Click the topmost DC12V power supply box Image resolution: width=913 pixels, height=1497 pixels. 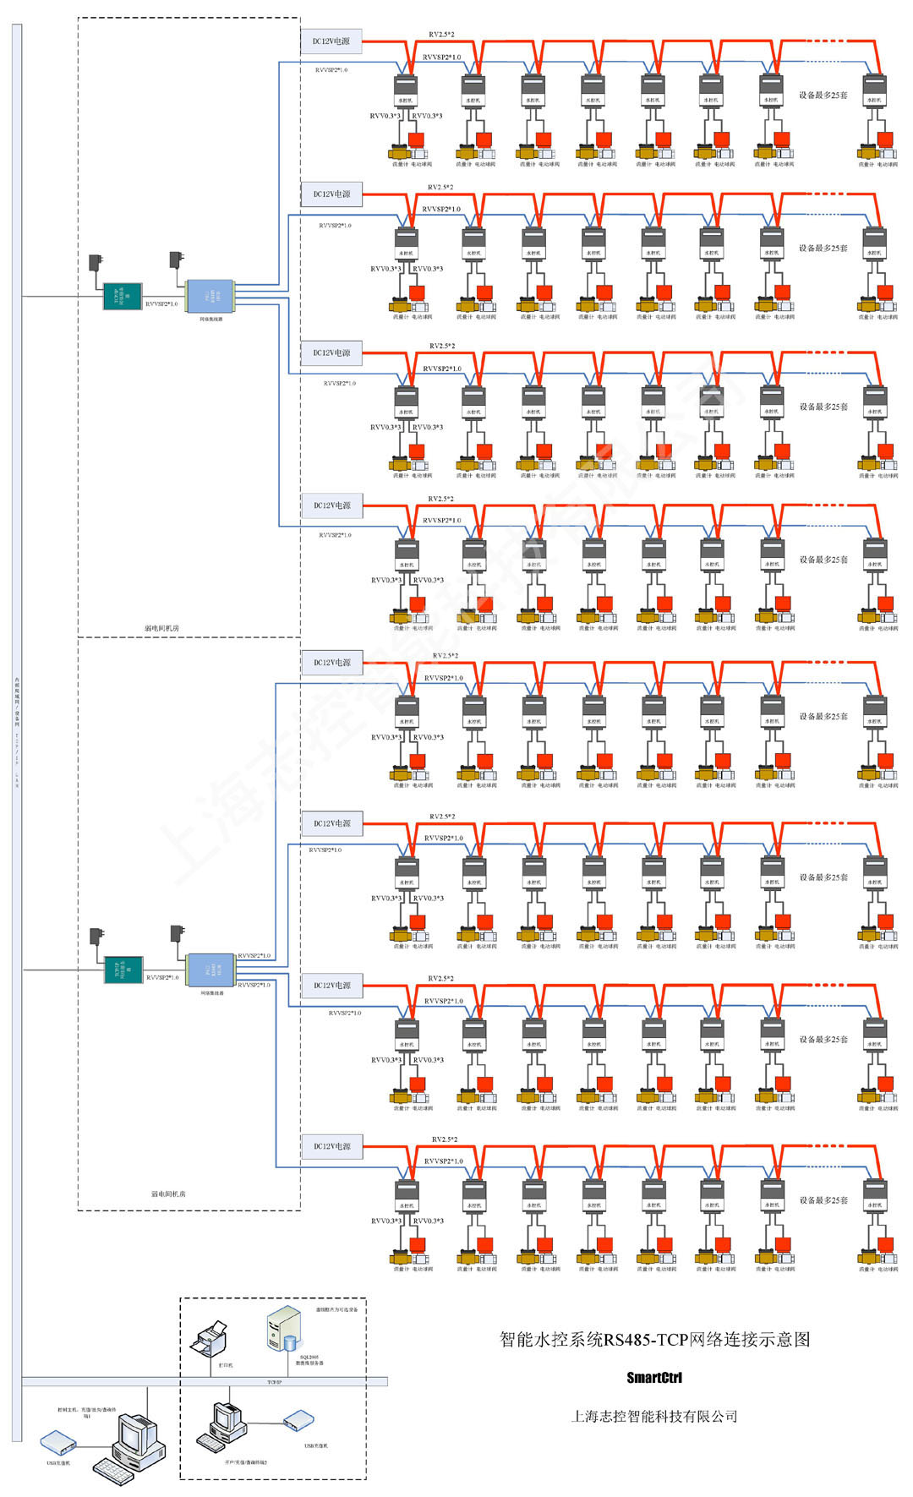point(331,41)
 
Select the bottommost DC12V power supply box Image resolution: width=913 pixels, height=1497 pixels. point(331,1146)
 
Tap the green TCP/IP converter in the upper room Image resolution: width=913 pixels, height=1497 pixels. point(122,296)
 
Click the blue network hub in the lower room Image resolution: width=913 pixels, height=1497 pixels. point(210,970)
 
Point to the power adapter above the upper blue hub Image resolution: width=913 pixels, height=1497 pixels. point(177,259)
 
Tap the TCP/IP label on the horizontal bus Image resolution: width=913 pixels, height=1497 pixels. point(274,1382)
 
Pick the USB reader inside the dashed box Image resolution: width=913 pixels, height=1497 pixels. point(298,1420)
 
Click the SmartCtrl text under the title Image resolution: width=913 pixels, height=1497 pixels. point(653,1378)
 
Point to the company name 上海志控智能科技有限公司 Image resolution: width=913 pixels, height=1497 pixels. point(653,1416)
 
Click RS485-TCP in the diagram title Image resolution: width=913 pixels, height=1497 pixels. point(647,1340)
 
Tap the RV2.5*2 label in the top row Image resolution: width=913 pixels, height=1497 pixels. point(440,35)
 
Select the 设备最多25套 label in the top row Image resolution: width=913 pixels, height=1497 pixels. point(823,95)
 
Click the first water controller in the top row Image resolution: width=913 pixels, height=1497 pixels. point(406,90)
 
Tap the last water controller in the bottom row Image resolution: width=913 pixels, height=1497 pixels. point(874,1196)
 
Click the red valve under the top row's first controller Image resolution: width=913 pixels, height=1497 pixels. point(417,139)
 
